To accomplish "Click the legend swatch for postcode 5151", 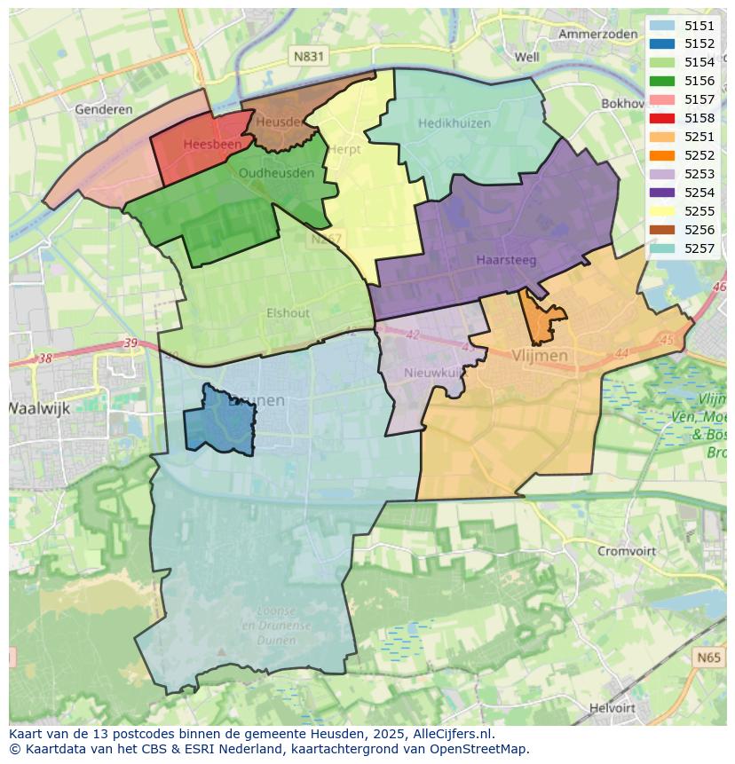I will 661,26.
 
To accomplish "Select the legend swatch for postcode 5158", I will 661,118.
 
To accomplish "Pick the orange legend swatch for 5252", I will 661,155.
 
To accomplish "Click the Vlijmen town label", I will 540,355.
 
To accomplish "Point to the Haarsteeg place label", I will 505,260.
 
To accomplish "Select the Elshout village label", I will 288,312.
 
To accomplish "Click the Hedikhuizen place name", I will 454,123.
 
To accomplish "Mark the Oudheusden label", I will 276,173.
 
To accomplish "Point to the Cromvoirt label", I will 627,551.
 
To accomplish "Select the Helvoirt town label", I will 612,708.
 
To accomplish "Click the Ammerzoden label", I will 597,34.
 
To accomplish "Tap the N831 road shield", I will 309,56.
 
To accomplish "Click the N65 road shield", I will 708,658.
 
